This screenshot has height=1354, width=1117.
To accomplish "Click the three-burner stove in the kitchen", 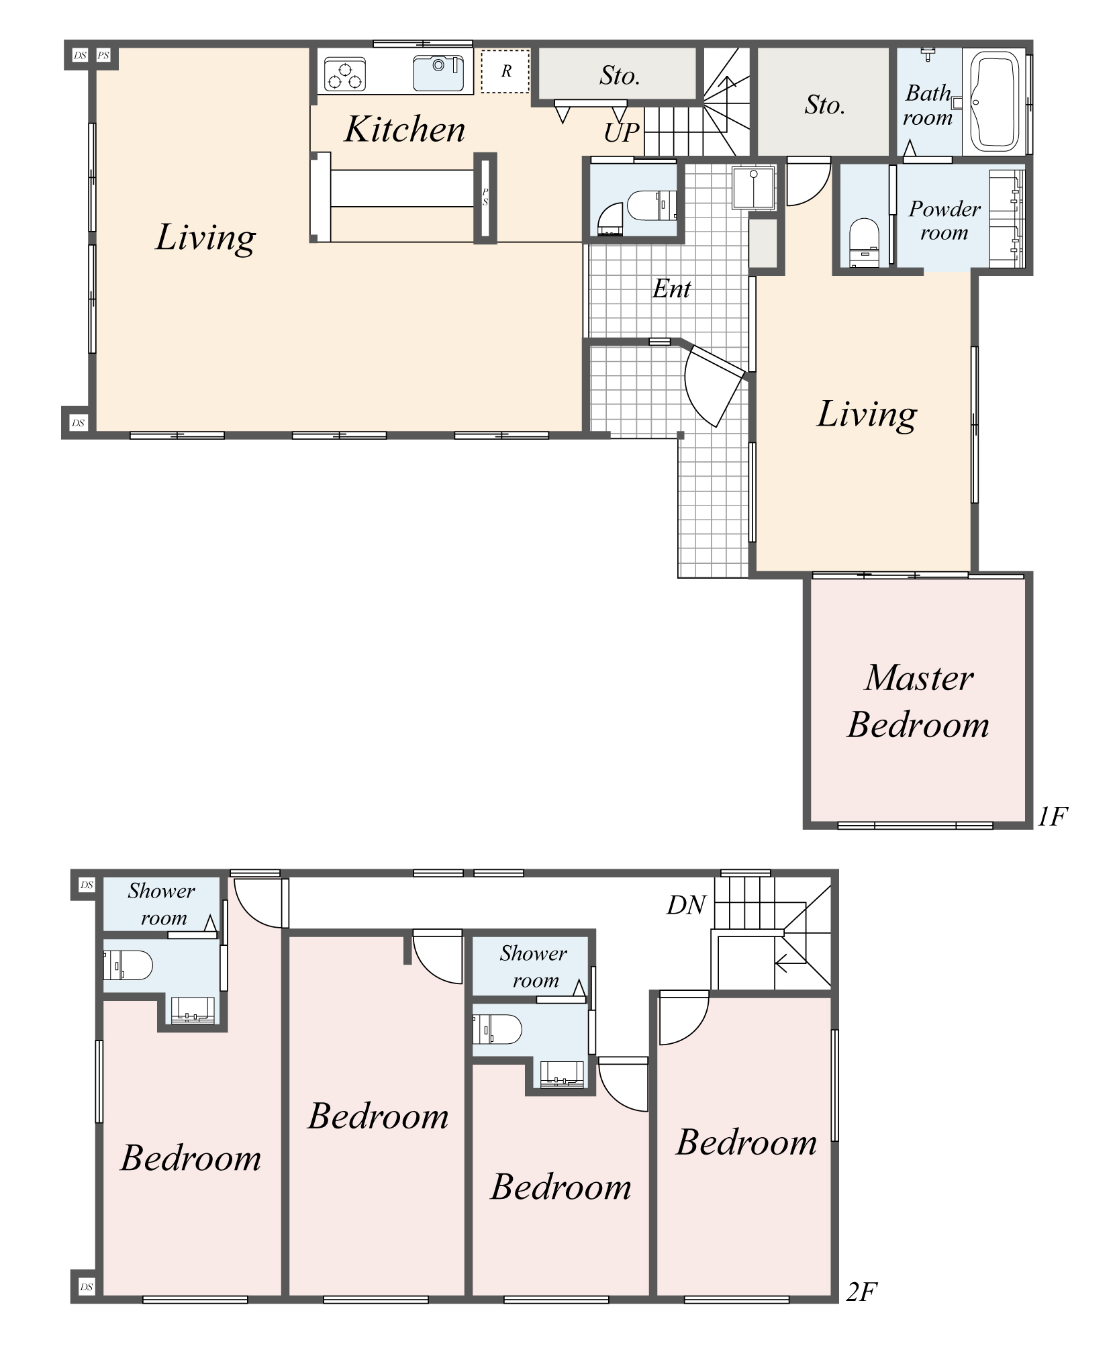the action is coord(345,74).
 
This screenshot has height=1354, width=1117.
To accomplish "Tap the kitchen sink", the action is coord(438,72).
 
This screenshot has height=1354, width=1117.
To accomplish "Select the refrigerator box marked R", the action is coord(505,71).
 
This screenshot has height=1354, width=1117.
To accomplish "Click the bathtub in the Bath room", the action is coord(994,103).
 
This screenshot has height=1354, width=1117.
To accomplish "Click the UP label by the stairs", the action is coord(621,133).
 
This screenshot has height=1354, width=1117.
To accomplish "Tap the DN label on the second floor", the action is coord(686,906).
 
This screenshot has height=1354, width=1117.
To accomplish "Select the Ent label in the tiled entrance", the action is coord(671,289).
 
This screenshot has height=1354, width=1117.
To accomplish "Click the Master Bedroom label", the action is coord(918,702).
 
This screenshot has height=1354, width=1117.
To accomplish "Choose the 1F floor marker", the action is coord(1052,817).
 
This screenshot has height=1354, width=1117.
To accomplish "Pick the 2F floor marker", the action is coord(861,1292).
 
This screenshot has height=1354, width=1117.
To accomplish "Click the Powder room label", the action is coord(944,220).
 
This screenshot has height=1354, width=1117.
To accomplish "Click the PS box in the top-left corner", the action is coord(103,55).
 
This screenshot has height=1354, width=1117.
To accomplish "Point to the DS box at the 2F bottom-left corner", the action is coord(86,1287).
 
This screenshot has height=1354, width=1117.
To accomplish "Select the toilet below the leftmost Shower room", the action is coord(128,966).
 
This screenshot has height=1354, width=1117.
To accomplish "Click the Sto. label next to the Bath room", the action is coord(824,105).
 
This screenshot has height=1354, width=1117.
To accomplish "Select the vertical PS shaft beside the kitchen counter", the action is coord(485,197).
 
